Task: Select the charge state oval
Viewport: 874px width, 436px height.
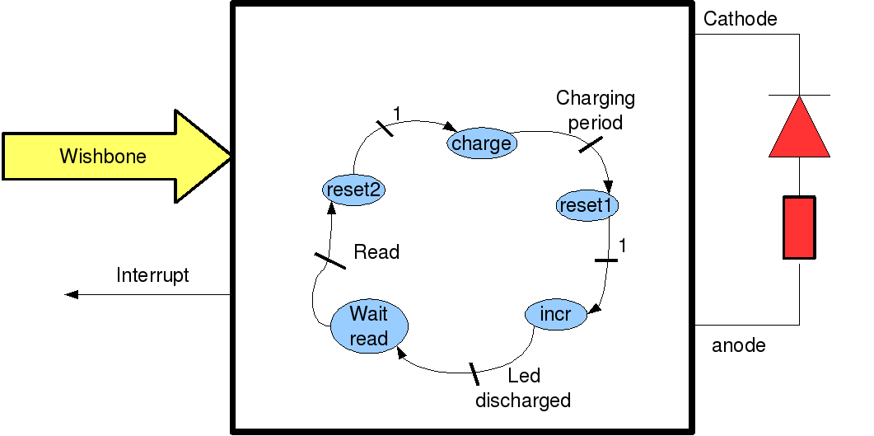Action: (481, 143)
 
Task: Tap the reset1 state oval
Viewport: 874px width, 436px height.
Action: (587, 204)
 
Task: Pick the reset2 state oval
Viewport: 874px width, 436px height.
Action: (354, 190)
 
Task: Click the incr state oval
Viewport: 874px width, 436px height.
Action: (555, 314)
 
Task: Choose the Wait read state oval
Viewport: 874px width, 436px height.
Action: (368, 326)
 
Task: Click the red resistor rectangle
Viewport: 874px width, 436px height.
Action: (799, 227)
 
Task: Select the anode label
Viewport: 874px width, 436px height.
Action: (738, 345)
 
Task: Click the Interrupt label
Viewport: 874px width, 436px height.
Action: (152, 275)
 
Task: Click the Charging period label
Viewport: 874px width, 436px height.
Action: (596, 110)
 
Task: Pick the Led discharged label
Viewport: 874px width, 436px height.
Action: (523, 388)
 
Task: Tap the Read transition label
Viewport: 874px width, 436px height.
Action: (376, 251)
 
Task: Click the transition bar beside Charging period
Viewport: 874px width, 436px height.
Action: (591, 145)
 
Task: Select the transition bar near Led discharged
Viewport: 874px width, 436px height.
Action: (474, 373)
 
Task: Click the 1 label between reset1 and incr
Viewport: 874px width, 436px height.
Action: (623, 246)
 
